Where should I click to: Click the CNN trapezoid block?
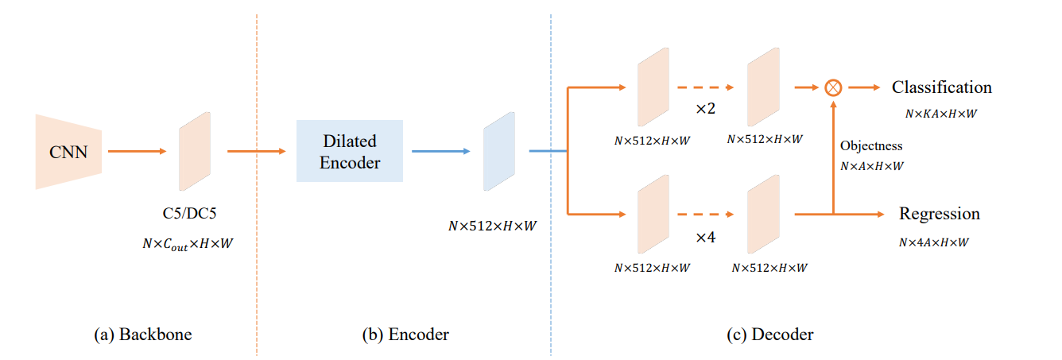pos(69,151)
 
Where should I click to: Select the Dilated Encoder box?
pos(350,151)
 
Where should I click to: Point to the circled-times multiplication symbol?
pos(832,87)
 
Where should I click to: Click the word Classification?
pos(941,87)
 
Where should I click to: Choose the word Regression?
pos(939,214)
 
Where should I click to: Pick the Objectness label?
pos(871,146)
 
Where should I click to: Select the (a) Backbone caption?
pos(143,335)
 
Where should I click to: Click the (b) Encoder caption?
pos(405,335)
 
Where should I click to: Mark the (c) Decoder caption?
pos(769,335)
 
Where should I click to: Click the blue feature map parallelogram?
pos(499,151)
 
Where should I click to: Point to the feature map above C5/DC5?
pos(195,151)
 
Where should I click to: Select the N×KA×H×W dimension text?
pos(940,114)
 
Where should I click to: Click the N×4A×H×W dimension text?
pos(934,242)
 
